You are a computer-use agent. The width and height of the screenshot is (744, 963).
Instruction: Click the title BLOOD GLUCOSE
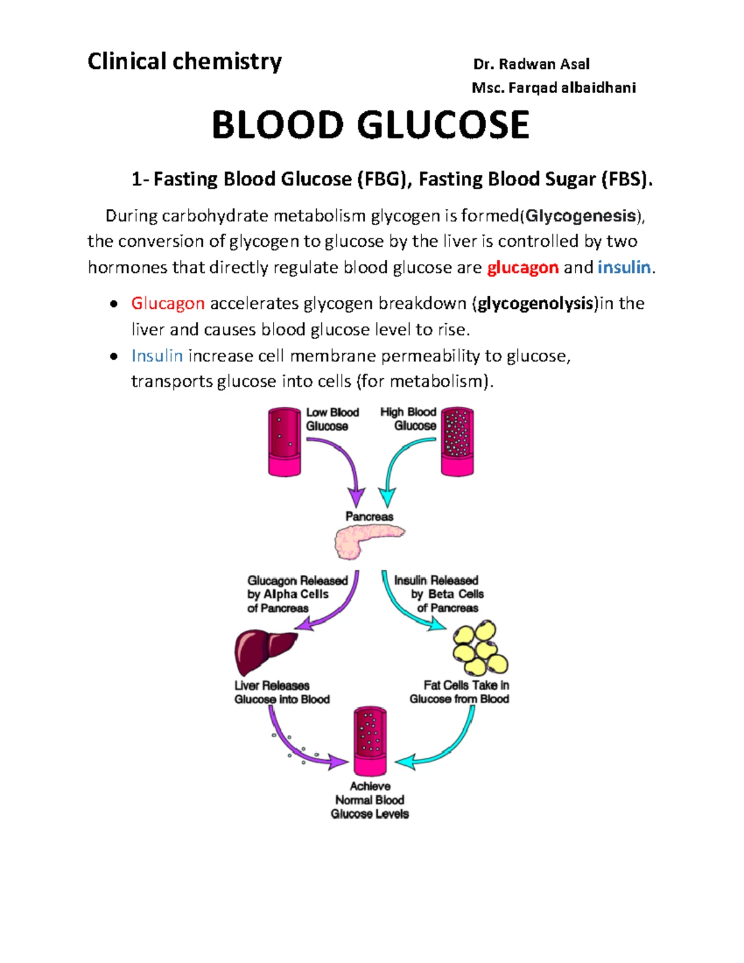click(370, 125)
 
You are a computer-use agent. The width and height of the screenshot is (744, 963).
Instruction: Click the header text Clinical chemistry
click(184, 61)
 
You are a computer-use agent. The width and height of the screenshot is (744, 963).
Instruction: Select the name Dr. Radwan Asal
click(531, 64)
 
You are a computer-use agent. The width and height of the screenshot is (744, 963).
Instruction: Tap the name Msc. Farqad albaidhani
click(554, 87)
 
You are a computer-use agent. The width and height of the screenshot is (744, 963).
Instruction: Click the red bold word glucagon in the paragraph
click(523, 267)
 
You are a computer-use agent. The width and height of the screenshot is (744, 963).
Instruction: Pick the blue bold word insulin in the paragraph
click(624, 267)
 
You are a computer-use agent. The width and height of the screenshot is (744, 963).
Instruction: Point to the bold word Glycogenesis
click(581, 216)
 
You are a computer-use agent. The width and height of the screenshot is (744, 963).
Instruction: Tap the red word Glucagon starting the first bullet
click(167, 303)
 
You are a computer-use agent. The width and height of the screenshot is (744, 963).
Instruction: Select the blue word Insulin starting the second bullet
click(157, 356)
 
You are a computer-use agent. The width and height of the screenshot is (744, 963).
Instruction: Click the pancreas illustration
click(368, 540)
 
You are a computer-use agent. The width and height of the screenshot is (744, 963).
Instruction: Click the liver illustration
click(265, 651)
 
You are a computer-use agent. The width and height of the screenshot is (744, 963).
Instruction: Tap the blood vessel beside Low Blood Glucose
click(285, 442)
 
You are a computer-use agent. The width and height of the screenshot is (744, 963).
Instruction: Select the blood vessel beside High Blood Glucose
click(457, 442)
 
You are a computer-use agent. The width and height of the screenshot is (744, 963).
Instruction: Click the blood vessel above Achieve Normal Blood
click(370, 741)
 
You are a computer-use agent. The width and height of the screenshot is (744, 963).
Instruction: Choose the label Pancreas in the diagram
click(370, 517)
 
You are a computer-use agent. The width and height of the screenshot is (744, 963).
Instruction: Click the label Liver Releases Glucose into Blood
click(282, 693)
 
